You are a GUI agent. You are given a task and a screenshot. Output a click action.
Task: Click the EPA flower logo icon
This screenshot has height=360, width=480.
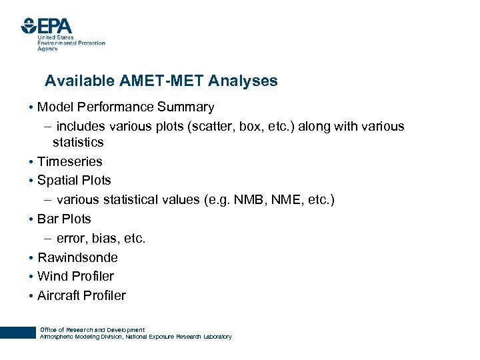[x=28, y=25]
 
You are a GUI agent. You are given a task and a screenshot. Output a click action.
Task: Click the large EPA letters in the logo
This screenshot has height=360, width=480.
[x=55, y=25]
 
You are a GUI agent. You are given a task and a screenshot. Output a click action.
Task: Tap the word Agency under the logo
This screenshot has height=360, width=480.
[x=47, y=49]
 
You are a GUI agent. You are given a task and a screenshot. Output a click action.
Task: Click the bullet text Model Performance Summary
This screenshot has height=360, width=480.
[x=125, y=107]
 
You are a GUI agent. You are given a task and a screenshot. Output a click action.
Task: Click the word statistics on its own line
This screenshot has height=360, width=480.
[x=78, y=142]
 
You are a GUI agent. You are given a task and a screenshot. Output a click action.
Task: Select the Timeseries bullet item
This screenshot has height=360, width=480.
[x=69, y=161]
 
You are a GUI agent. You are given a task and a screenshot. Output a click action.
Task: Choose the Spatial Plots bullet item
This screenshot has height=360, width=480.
[x=74, y=180]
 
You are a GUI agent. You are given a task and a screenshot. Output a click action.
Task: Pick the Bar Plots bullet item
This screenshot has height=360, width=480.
[x=64, y=219]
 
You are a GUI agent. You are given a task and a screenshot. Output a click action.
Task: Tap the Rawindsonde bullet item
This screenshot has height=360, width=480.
[x=77, y=257]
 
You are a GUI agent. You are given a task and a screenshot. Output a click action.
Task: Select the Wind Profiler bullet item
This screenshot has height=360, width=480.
[x=75, y=276]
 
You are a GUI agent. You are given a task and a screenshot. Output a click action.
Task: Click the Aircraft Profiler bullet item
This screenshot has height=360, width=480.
[x=81, y=295]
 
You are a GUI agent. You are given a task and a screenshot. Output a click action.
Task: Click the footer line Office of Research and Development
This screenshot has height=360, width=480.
[x=92, y=330]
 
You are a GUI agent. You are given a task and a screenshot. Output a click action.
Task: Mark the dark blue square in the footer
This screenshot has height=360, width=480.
[x=17, y=333]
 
